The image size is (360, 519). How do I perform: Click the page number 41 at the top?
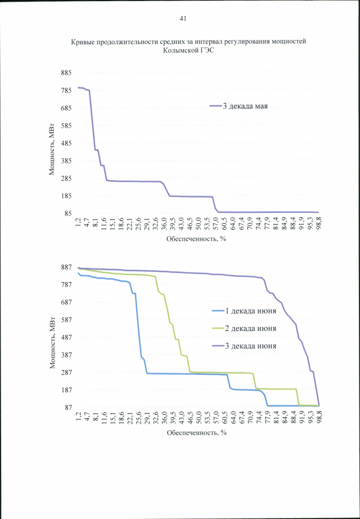tap(183, 19)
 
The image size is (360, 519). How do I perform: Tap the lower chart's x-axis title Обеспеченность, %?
tap(196, 433)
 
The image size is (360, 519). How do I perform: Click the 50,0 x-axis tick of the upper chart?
tap(199, 223)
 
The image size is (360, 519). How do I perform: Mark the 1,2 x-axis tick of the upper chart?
tap(79, 222)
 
